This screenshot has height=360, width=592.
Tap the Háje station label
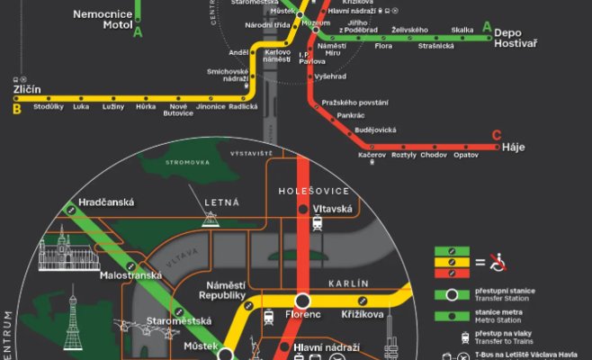click(x=513, y=146)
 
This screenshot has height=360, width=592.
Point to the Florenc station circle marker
click(x=303, y=301)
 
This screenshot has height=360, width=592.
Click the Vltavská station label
click(x=332, y=209)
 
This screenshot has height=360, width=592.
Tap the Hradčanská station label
click(x=106, y=202)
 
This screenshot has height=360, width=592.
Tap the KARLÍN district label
click(x=350, y=283)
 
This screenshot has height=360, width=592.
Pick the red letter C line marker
click(x=497, y=136)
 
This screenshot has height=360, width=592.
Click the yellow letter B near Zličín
click(x=16, y=110)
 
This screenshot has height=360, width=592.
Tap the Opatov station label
click(x=466, y=156)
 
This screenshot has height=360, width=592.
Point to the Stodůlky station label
click(x=48, y=107)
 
